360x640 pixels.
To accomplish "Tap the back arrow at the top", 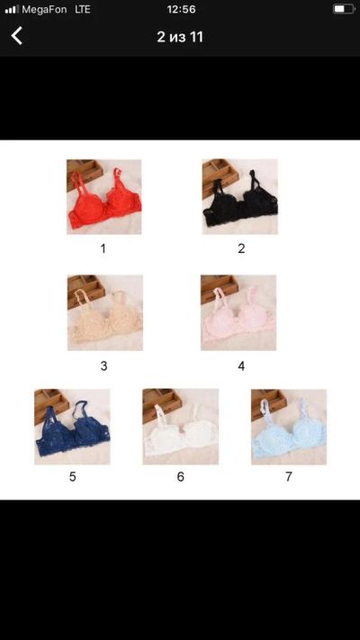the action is click(x=16, y=36).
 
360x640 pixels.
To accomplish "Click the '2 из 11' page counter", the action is click(x=180, y=37).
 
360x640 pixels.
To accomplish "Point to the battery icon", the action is click(x=343, y=9).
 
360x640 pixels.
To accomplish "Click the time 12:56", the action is click(x=181, y=9).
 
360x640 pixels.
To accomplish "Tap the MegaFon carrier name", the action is click(x=44, y=9).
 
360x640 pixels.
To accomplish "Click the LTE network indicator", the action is click(x=83, y=9).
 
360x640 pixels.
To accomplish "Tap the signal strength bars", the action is click(x=12, y=9).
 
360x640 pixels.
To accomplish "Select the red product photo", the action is click(x=104, y=197).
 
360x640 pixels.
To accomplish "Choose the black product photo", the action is click(x=240, y=197).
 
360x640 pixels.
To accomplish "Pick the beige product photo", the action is click(x=105, y=312).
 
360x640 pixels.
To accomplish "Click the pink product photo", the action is click(x=238, y=312).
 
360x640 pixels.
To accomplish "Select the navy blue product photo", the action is click(x=72, y=427).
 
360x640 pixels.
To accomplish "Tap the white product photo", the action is click(x=180, y=427).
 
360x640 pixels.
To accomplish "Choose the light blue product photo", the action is click(x=289, y=427).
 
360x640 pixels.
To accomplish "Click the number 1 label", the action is click(x=103, y=248).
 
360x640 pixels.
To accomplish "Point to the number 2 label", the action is click(x=241, y=248).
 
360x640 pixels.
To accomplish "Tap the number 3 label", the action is click(x=103, y=366).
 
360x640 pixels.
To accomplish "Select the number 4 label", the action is click(x=241, y=366).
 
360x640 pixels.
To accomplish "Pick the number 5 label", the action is click(x=72, y=477).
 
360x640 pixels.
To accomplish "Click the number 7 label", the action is click(x=289, y=477).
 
